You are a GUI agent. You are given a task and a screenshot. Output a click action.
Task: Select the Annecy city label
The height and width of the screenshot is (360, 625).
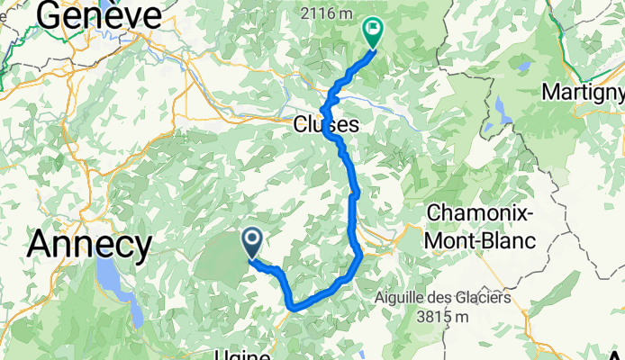(89, 244)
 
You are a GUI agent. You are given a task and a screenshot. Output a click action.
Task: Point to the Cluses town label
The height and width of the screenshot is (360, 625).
(326, 126)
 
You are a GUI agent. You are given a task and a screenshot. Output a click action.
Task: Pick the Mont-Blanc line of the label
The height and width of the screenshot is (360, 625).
(481, 240)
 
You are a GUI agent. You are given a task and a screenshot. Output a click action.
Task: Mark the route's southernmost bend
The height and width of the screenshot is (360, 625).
(294, 308)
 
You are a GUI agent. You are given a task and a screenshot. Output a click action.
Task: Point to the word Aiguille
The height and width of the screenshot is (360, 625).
(406, 298)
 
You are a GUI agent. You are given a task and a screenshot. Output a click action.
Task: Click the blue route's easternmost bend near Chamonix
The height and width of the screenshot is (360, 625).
(361, 256)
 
